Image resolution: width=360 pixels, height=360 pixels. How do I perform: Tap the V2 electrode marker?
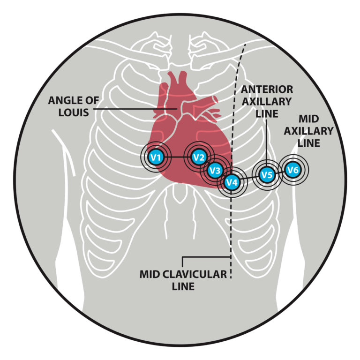pos(198,157)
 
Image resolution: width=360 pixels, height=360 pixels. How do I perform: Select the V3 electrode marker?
pos(215,171)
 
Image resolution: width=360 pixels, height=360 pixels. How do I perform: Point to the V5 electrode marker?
pos(267,175)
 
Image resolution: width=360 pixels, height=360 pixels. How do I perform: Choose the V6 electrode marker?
pos(292,170)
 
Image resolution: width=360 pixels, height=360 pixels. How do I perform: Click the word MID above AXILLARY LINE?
pos(309,120)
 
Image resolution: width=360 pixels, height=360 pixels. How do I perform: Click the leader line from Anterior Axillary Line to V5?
pos(266,141)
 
